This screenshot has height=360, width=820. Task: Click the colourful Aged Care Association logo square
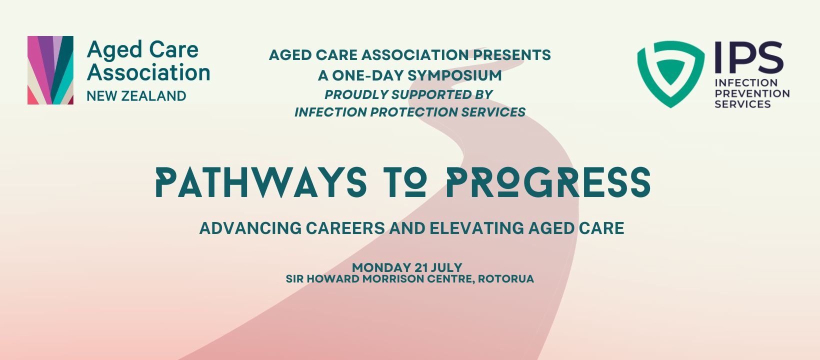[50, 70]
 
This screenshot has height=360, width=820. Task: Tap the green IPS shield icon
[670, 74]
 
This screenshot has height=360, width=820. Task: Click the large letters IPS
[748, 57]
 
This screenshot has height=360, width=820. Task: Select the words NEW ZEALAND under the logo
[136, 96]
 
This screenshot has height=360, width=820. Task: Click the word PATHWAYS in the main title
[261, 182]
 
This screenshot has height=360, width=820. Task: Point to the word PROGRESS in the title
[548, 182]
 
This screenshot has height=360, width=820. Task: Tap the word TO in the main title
[406, 182]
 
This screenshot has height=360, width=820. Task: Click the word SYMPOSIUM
[454, 75]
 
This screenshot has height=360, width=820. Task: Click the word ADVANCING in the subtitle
[250, 228]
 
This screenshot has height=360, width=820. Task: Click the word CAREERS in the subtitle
[345, 228]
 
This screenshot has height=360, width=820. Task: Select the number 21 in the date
[421, 267]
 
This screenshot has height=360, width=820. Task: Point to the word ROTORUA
[506, 279]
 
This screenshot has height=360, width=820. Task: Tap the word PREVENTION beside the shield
[752, 94]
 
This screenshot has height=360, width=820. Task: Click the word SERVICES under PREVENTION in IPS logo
[743, 104]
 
